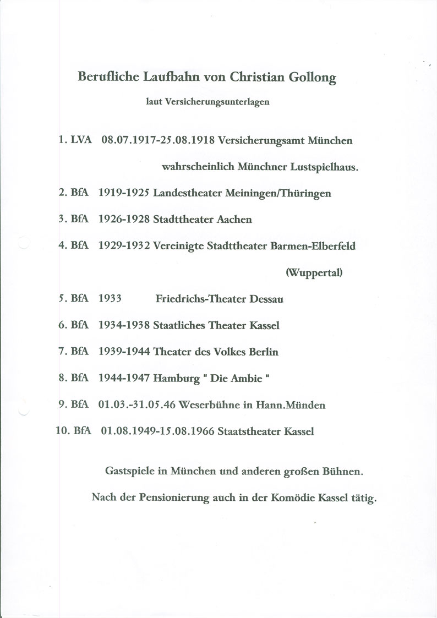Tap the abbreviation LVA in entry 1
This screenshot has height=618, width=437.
tap(81, 140)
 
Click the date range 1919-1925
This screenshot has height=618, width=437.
tap(124, 193)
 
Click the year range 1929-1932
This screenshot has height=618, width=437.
tap(124, 246)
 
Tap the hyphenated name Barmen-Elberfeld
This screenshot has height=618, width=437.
tap(313, 246)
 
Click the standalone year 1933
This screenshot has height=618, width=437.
tap(110, 299)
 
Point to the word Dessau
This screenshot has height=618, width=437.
tap(266, 299)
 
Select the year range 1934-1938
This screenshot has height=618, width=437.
tap(124, 325)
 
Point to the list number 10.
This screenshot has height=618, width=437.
tap(62, 431)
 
